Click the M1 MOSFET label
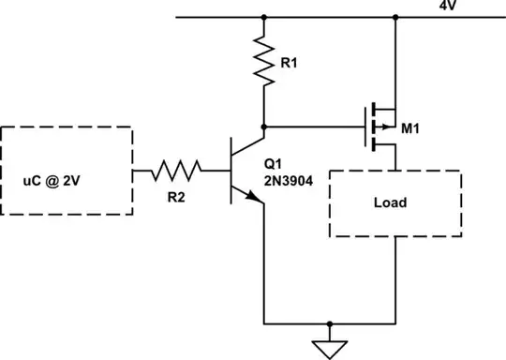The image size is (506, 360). click(409, 129)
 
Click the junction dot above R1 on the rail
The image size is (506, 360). click(264, 17)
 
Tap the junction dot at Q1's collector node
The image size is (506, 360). click(264, 126)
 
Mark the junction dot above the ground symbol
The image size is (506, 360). click(328, 321)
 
